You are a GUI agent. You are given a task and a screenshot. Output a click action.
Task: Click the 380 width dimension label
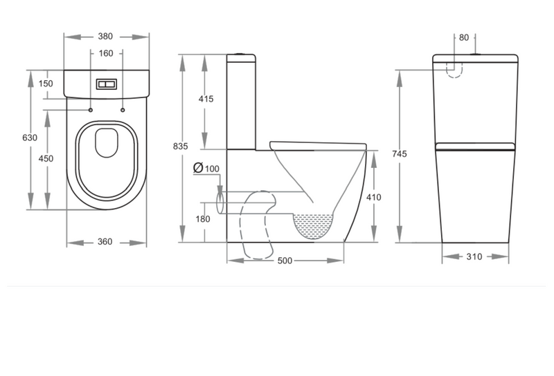click(105, 37)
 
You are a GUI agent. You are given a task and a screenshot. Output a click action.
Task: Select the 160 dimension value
click(106, 53)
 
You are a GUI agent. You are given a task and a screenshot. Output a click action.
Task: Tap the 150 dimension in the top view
click(46, 84)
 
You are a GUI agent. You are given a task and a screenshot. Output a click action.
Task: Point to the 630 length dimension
click(30, 138)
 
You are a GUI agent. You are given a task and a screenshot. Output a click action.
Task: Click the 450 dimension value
click(46, 159)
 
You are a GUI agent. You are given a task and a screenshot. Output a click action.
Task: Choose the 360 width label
click(105, 242)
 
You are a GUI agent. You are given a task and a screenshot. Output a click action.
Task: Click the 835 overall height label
click(181, 146)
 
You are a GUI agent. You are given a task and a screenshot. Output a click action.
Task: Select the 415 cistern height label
click(206, 99)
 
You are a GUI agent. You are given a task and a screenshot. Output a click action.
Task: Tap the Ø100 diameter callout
click(206, 168)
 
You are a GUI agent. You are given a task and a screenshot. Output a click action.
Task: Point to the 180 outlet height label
click(203, 219)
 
